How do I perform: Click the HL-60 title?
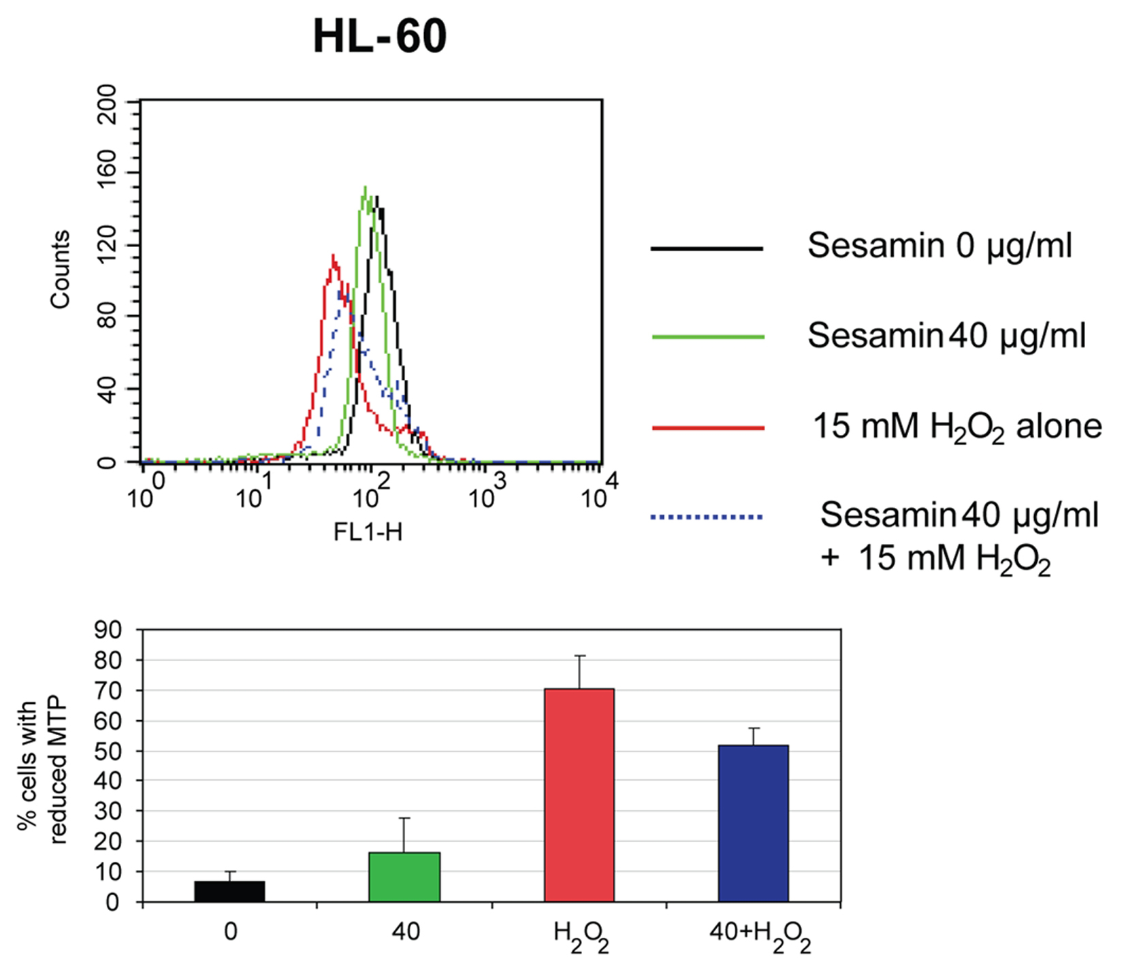tap(379, 35)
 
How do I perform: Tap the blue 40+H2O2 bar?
tap(753, 823)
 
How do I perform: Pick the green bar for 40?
tap(404, 877)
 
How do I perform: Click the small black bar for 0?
tap(229, 891)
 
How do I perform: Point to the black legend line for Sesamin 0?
tap(707, 248)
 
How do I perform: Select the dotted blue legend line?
tap(707, 517)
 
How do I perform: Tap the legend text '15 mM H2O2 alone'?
tap(957, 427)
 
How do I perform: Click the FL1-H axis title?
tap(368, 532)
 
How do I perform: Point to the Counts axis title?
tap(60, 270)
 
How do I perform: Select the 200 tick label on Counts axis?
tap(107, 104)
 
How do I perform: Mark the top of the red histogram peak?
tap(333, 256)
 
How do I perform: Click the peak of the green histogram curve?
tap(366, 187)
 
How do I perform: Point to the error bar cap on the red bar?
tap(579, 656)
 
